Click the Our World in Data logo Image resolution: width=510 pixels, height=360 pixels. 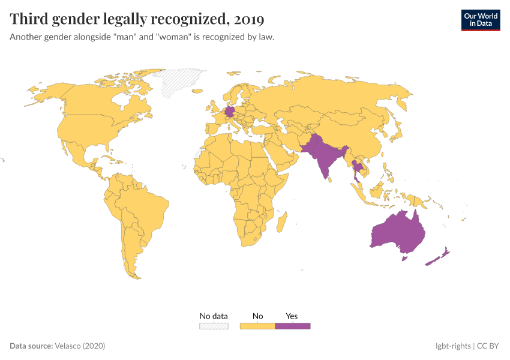(x=480, y=20)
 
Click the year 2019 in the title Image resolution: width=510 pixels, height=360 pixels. (x=249, y=19)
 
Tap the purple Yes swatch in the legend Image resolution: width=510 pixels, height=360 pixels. (x=293, y=326)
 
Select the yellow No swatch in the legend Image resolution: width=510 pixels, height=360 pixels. (x=257, y=326)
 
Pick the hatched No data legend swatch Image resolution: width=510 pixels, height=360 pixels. (x=214, y=326)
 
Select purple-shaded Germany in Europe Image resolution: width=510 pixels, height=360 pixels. (x=229, y=112)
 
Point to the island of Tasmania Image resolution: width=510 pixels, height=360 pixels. (x=404, y=258)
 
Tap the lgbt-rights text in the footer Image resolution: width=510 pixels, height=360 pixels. (x=453, y=346)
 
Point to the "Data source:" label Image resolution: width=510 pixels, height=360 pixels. (x=31, y=346)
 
